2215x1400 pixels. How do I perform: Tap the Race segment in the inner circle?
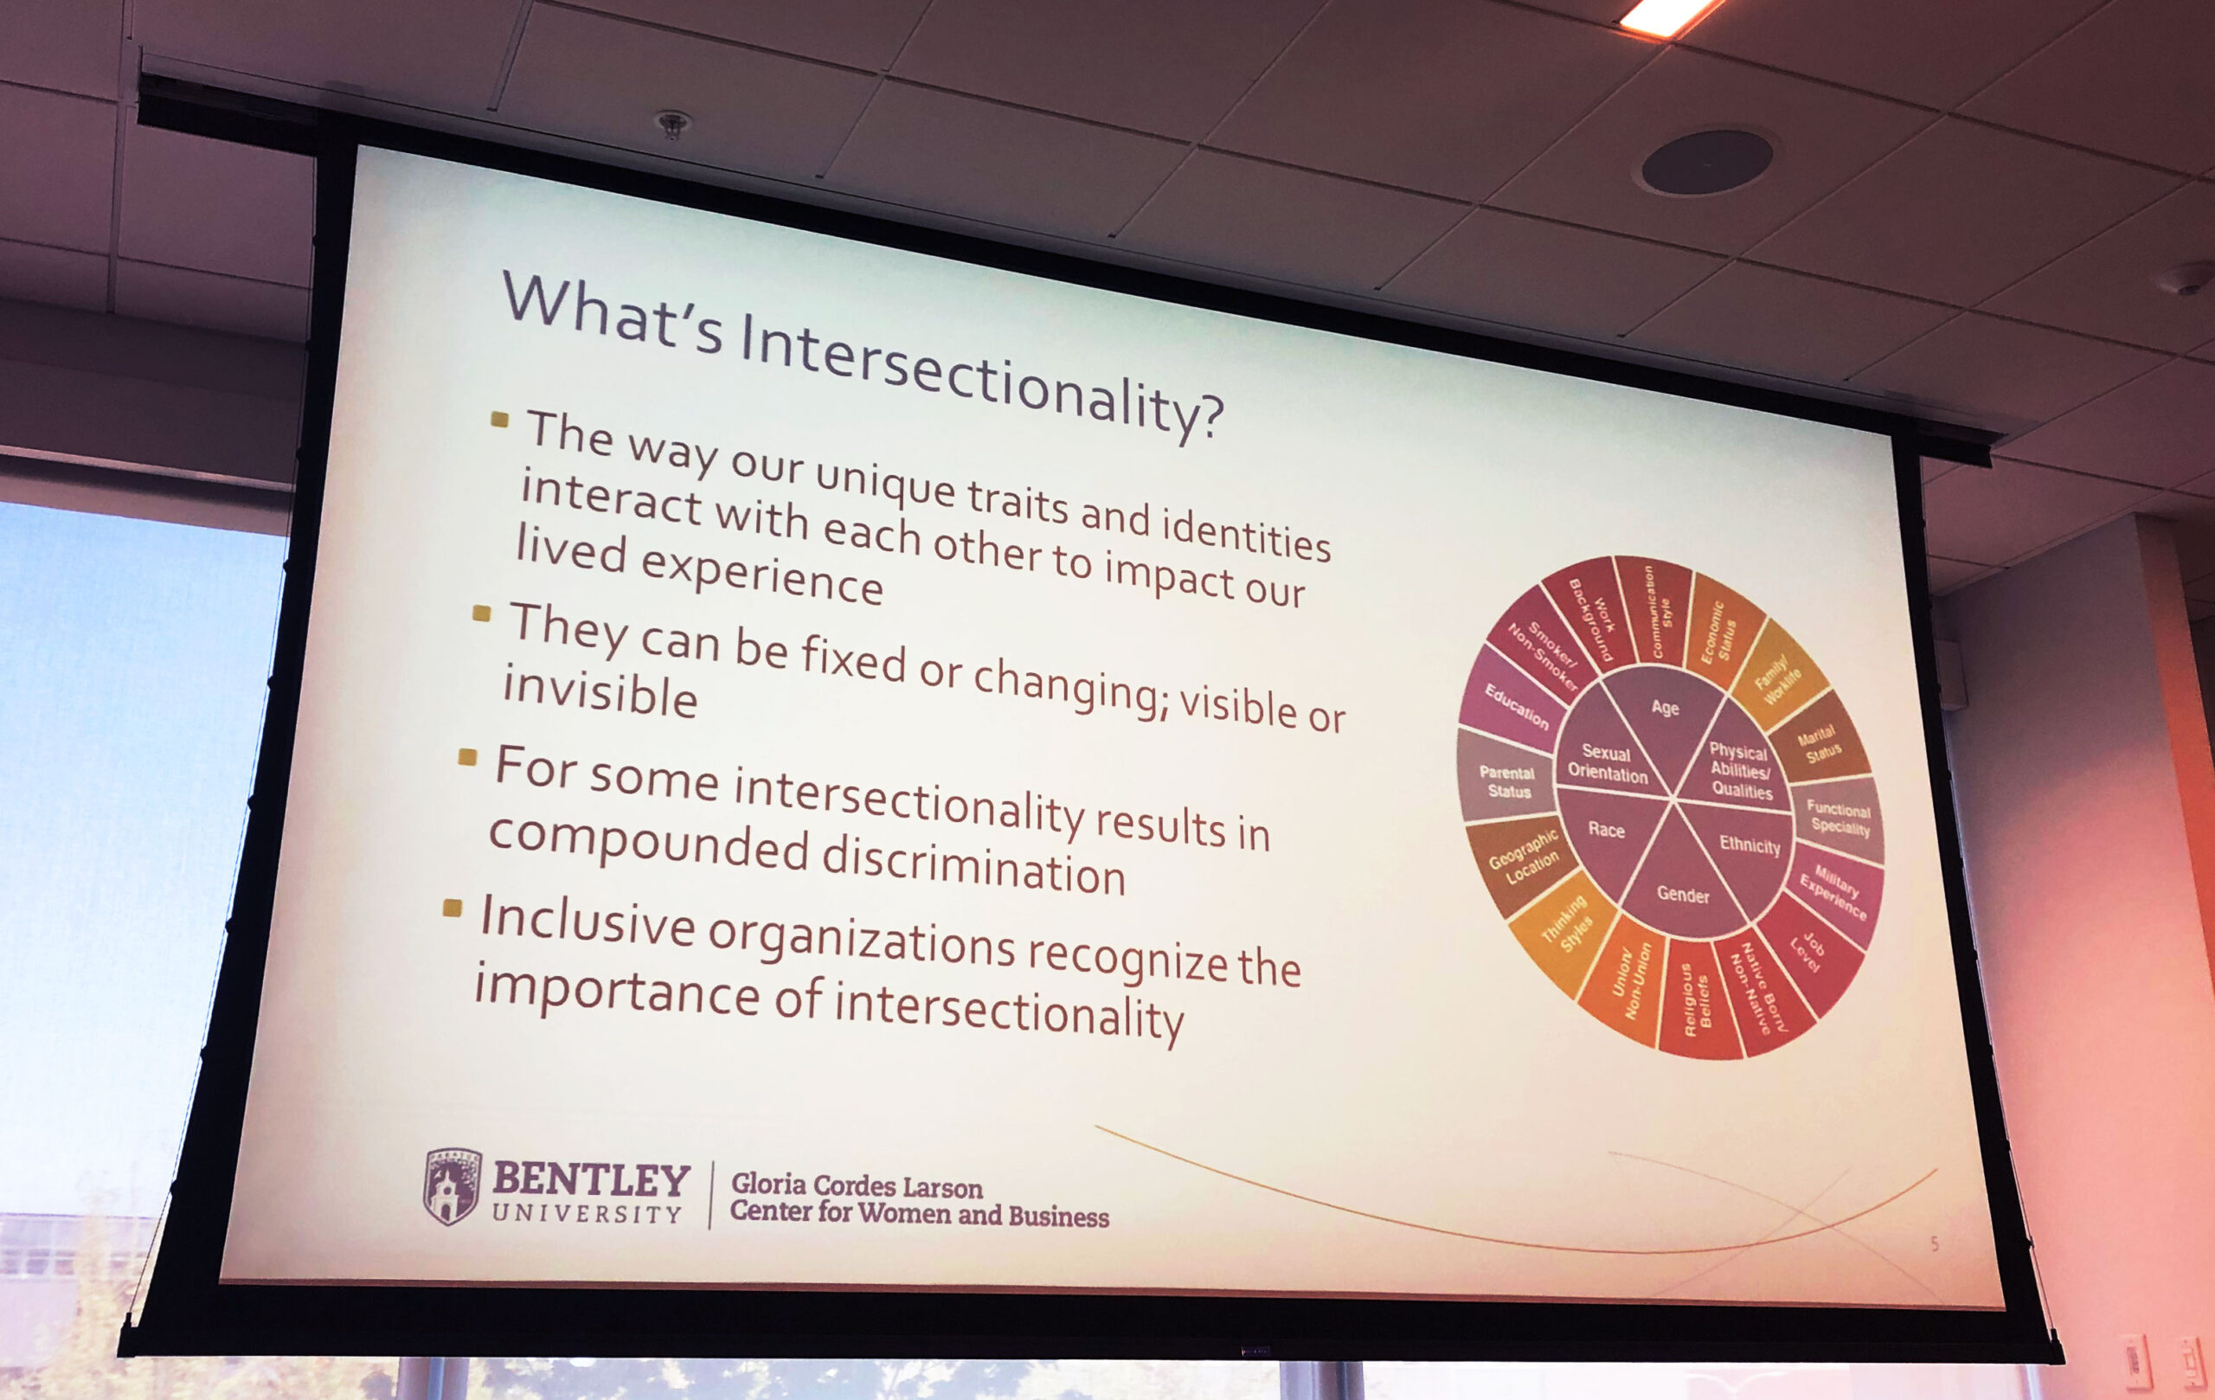pos(1606,832)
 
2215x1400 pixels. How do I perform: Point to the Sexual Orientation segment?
pos(1607,763)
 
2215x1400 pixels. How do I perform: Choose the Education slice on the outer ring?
pos(1515,706)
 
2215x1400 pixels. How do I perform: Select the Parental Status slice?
pos(1506,783)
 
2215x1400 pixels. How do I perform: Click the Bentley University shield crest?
pos(452,1186)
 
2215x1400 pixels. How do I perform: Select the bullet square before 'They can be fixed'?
pos(481,613)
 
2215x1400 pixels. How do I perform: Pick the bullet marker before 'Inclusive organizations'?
pos(452,909)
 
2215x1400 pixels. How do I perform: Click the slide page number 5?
pos(1935,1244)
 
